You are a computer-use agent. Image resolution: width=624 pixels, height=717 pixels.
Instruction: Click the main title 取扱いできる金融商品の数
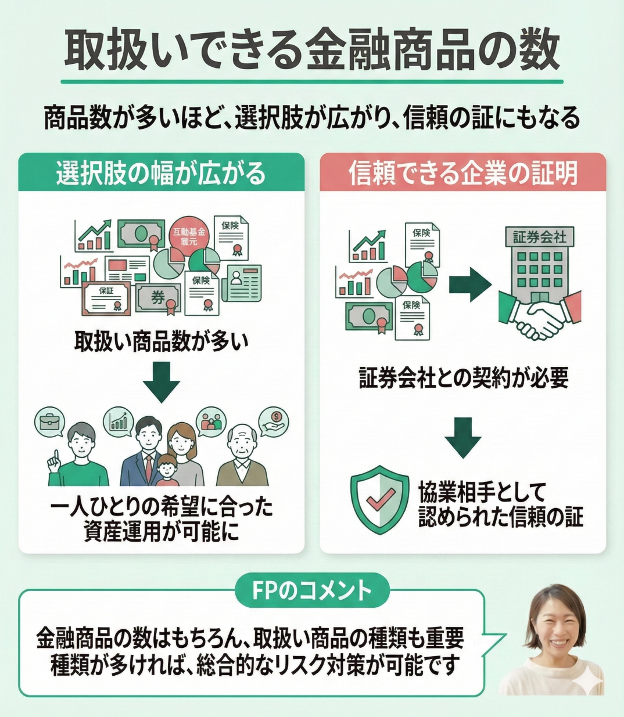[x=312, y=50]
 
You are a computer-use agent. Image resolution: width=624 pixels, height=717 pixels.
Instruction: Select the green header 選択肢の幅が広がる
[x=161, y=173]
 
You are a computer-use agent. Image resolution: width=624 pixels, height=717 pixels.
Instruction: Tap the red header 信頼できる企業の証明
[x=463, y=173]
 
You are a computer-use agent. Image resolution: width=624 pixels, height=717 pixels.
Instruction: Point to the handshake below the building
[x=540, y=316]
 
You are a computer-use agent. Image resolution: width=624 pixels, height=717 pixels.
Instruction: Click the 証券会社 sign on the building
[x=539, y=237]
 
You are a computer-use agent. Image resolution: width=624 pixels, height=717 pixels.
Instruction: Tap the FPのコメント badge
[x=312, y=591]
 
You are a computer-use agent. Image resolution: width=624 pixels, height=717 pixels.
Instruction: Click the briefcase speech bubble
[x=51, y=422]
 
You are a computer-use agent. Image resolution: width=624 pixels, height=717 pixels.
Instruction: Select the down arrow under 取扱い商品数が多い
[x=161, y=381]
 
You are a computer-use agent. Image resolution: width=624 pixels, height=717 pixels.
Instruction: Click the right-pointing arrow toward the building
[x=469, y=284]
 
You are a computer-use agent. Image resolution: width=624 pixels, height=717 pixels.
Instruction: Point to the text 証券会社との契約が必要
[x=463, y=379]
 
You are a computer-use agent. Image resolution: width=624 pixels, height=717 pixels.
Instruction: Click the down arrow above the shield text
[x=463, y=437]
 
